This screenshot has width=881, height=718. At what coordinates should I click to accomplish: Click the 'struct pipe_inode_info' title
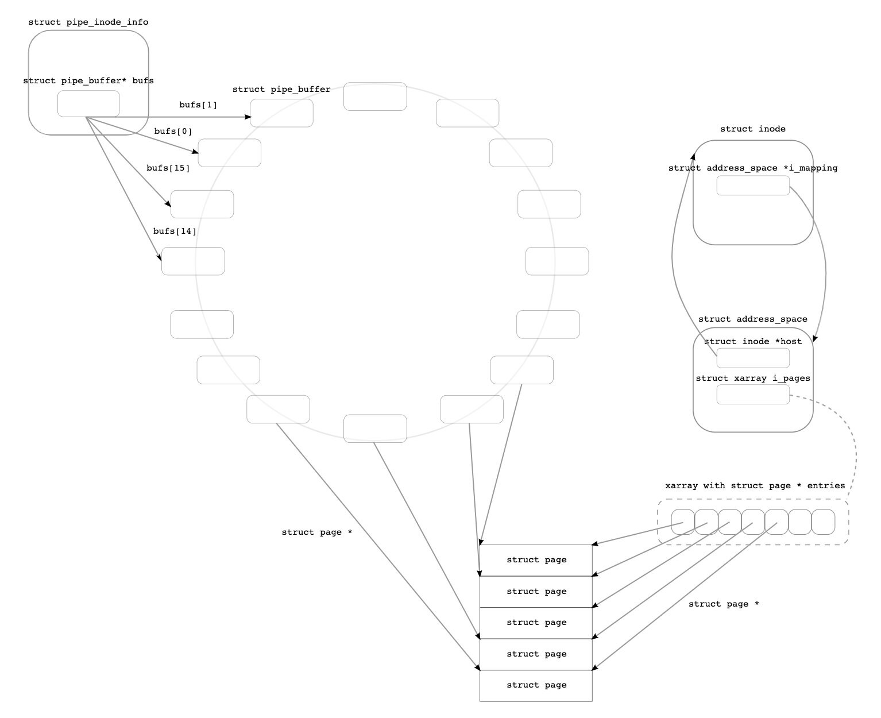[88, 22]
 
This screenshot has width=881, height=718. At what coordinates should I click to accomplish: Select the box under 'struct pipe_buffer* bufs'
[88, 104]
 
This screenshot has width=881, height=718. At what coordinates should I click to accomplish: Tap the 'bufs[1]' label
[198, 105]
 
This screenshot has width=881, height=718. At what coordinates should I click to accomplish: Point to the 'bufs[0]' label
[173, 132]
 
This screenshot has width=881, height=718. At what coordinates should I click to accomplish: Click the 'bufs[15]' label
[168, 168]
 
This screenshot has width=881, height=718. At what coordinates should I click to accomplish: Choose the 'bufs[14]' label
[175, 231]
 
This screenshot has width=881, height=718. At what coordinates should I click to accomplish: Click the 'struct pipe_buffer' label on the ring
[281, 90]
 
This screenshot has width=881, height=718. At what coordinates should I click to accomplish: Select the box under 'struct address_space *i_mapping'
[752, 186]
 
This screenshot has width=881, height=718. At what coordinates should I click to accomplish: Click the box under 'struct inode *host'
[752, 358]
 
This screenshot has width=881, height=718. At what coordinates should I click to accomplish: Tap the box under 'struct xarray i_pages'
[752, 395]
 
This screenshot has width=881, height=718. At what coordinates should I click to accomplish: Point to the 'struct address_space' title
[752, 319]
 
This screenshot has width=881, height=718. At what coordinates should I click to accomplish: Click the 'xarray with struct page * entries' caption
[755, 486]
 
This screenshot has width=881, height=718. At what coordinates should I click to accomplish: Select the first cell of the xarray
[683, 522]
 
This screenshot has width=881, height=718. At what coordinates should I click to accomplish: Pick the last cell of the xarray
[823, 522]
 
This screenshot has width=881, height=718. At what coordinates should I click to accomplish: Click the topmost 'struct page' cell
[536, 560]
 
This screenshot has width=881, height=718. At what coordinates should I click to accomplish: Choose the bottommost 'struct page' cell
[536, 685]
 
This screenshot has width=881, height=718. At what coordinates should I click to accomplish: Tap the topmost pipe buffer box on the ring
[375, 96]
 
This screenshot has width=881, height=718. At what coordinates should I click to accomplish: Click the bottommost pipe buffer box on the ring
[375, 429]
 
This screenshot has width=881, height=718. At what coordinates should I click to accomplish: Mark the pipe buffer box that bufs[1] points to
[282, 113]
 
